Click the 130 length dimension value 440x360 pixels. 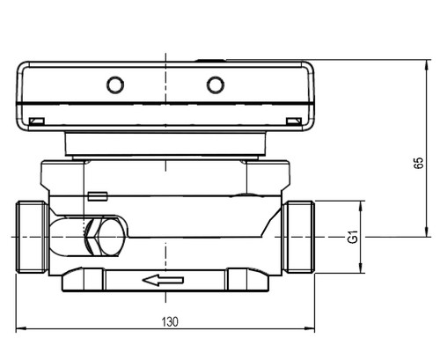pyautogui.click(x=170, y=322)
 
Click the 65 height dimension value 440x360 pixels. pyautogui.click(x=419, y=163)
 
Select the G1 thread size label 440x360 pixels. pyautogui.click(x=353, y=237)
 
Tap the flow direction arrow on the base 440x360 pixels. pyautogui.click(x=163, y=280)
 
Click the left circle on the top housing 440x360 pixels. pyautogui.click(x=115, y=84)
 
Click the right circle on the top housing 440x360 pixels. pyautogui.click(x=216, y=84)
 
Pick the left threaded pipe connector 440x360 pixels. pyautogui.click(x=32, y=237)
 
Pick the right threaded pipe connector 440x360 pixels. pyautogui.click(x=298, y=237)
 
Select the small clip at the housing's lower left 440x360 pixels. pyautogui.click(x=37, y=121)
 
